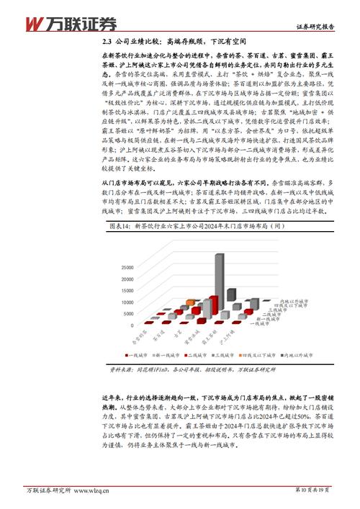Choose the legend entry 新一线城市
[171, 354]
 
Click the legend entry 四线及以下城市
[270, 354]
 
